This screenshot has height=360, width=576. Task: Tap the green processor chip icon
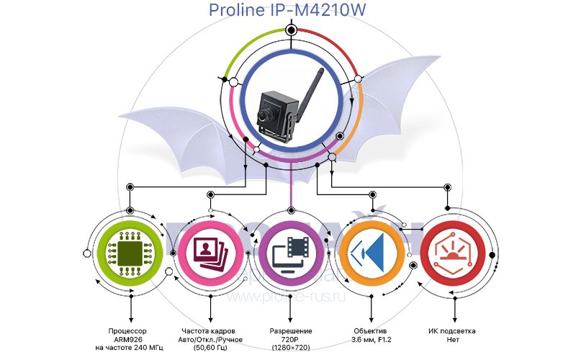click(130, 251)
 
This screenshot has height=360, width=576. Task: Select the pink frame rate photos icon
click(210, 251)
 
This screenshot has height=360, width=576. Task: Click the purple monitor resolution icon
click(290, 251)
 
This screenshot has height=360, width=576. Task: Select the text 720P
click(290, 339)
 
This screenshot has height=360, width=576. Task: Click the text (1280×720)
click(290, 348)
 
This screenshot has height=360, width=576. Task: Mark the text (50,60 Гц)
click(210, 348)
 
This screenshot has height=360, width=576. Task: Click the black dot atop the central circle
click(291, 30)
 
